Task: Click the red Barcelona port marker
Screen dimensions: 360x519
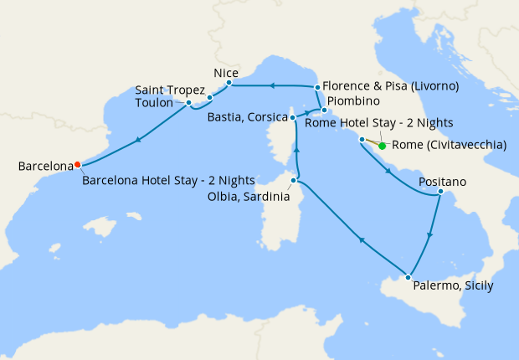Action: click(77, 164)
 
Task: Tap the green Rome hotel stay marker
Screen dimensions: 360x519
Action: click(383, 146)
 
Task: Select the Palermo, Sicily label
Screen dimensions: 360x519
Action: click(453, 285)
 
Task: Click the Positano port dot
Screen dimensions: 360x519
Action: click(440, 194)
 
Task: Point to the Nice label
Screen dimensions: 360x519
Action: click(226, 73)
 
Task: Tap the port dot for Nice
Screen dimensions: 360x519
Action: click(229, 84)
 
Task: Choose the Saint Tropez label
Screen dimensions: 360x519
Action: click(171, 90)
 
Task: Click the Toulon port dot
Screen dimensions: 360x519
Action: click(189, 103)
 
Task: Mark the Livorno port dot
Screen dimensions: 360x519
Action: click(317, 87)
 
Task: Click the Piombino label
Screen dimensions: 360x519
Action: click(354, 101)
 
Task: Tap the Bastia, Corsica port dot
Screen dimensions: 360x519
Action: click(292, 118)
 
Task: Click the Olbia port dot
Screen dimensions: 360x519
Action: click(293, 180)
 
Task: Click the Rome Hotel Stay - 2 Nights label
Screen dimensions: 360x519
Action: click(379, 123)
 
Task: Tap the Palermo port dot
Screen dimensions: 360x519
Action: click(408, 277)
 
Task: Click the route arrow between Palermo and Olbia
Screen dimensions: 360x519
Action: click(362, 240)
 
